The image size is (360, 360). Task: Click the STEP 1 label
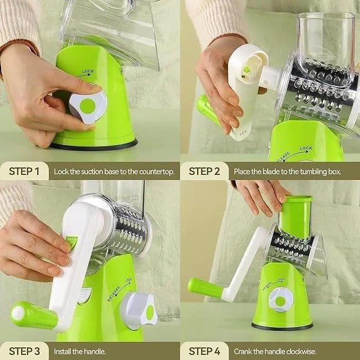[x=25, y=171]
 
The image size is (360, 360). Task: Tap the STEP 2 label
[x=205, y=171]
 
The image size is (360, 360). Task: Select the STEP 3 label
[x=25, y=350]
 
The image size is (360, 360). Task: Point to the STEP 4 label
[x=205, y=350]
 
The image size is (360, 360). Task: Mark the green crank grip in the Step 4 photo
[x=205, y=287]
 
